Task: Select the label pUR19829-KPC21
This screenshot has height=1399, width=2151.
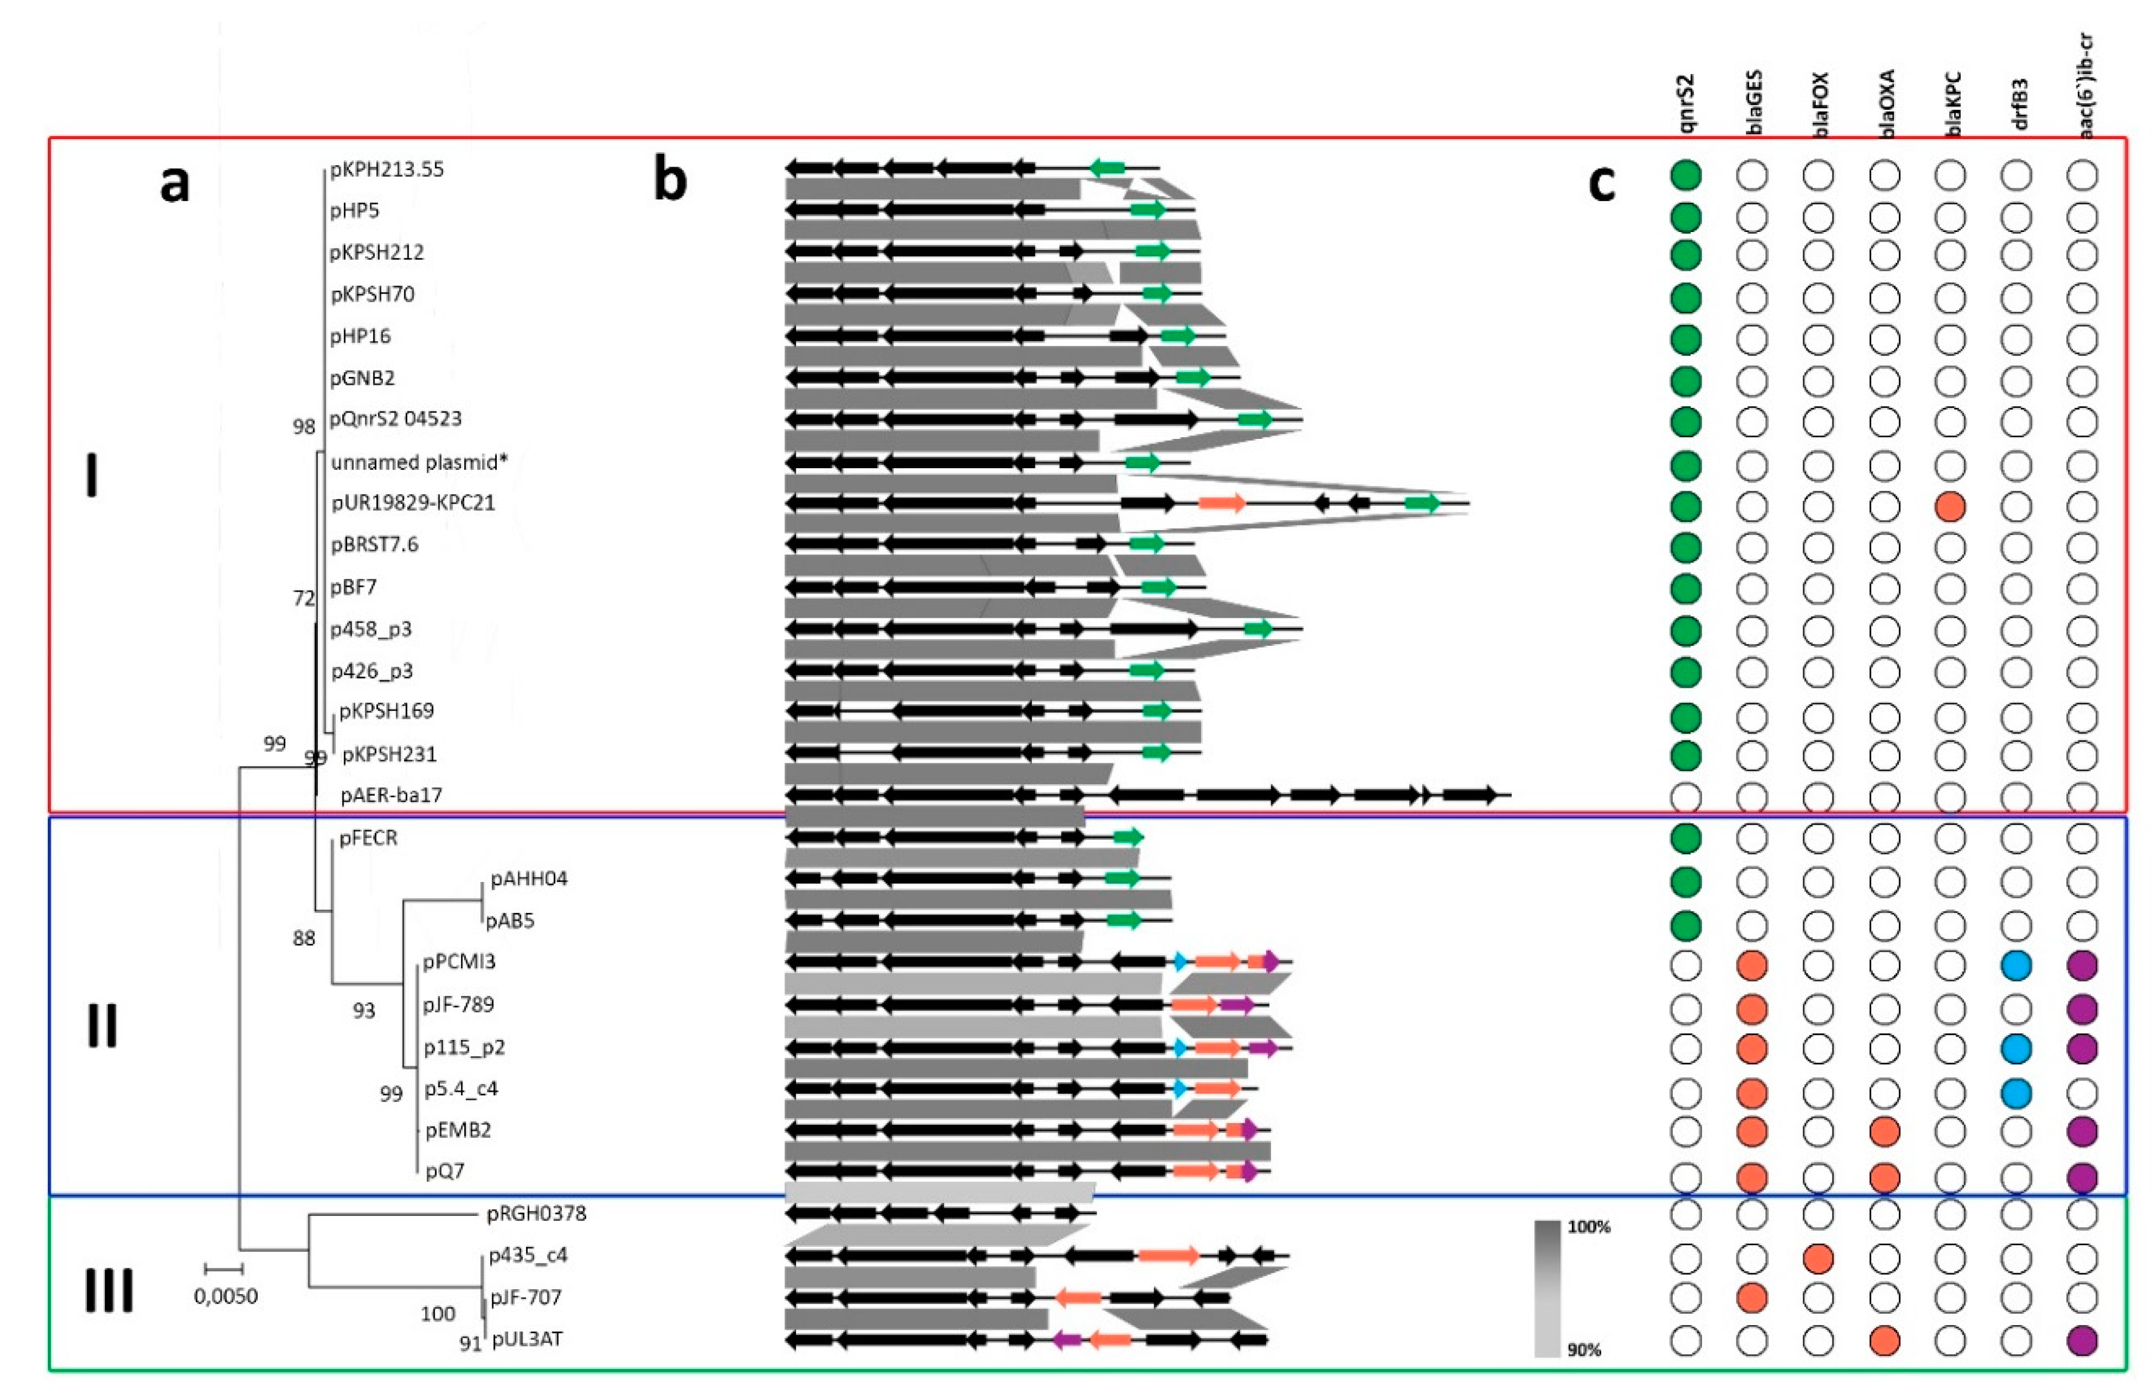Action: [x=413, y=503]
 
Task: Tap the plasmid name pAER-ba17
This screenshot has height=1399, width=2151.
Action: [x=391, y=796]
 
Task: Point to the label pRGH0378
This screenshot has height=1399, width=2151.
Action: [x=537, y=1213]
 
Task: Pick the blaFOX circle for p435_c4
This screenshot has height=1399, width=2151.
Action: [x=1818, y=1258]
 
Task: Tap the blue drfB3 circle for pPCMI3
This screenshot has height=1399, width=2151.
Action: [x=2016, y=965]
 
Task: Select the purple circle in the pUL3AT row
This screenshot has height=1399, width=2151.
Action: [x=2082, y=1340]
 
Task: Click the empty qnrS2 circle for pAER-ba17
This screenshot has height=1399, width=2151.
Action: [x=1685, y=797]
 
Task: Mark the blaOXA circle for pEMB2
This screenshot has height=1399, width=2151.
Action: [x=1884, y=1131]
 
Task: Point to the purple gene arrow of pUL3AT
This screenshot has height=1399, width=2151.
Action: [x=1067, y=1340]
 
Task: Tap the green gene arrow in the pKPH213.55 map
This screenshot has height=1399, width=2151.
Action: [x=1107, y=168]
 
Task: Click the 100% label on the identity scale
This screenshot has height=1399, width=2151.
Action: [x=1589, y=1227]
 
